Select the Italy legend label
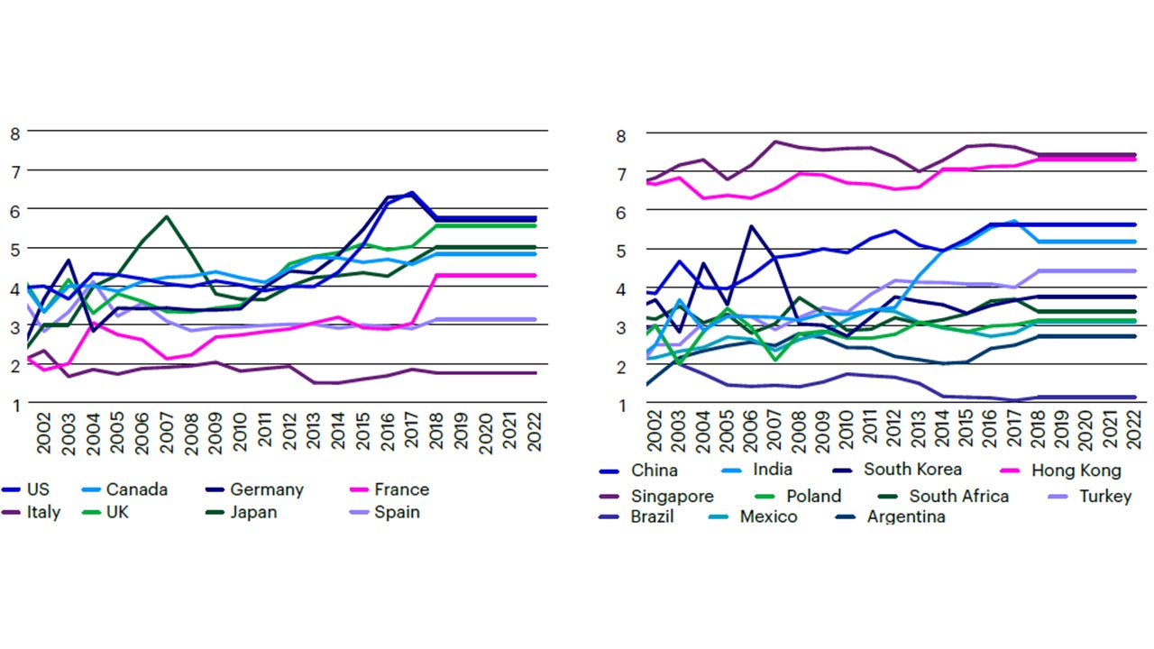(x=43, y=513)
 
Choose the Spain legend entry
(x=397, y=513)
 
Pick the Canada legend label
(x=136, y=489)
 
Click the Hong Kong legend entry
(x=1076, y=470)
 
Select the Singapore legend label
(x=672, y=496)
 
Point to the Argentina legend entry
(x=905, y=517)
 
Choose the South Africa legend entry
(x=958, y=496)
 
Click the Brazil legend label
(x=652, y=517)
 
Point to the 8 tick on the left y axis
(x=14, y=133)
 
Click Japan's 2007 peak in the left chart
(x=167, y=216)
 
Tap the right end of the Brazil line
(x=1134, y=397)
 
